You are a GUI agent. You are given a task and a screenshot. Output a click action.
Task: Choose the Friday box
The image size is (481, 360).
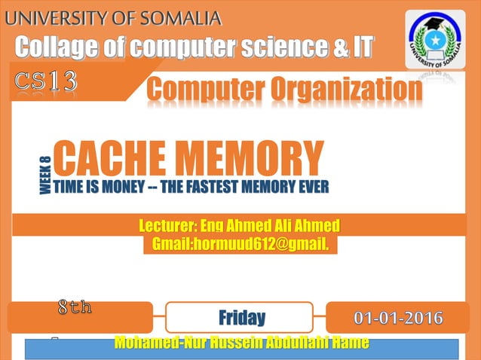point(240,317)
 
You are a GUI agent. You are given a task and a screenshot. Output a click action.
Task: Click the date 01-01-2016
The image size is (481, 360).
point(399,317)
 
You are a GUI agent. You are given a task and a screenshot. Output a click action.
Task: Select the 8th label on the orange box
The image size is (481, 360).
point(75,307)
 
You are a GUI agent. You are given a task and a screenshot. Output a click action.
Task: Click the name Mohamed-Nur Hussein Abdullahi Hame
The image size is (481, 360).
point(241,343)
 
